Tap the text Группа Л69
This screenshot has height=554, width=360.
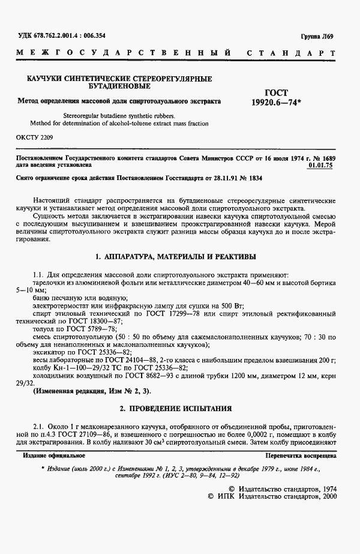tap(317, 37)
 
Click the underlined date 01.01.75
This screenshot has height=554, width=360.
tap(322, 163)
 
